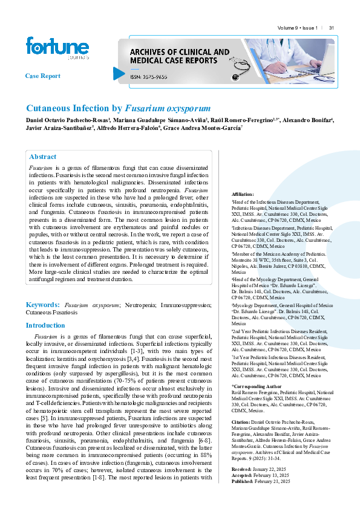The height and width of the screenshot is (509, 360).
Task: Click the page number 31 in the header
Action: coord(332,28)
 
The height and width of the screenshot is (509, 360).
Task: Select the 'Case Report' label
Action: coord(42,76)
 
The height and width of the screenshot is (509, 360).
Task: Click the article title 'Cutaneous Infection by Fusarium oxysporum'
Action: coord(118,109)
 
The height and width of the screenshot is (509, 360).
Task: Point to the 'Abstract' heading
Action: coord(42,157)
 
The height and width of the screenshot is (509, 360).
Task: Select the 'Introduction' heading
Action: coord(45,325)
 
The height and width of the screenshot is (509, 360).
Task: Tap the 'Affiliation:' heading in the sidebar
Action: coord(243,194)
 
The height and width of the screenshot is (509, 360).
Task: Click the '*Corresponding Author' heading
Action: coord(257,385)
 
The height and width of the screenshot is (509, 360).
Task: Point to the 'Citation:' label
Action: coord(241,420)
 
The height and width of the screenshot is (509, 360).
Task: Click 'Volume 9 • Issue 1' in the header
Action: coord(298,28)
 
